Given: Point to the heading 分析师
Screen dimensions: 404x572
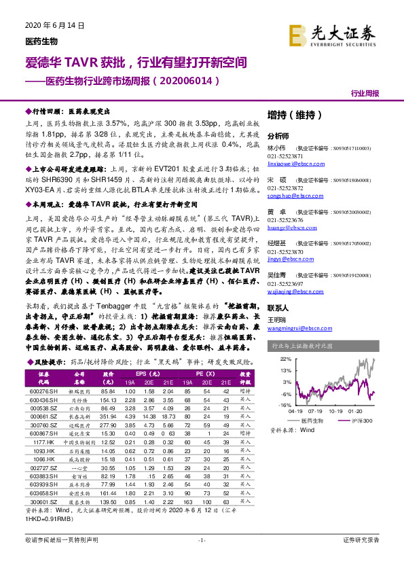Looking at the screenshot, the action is tap(278, 135).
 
